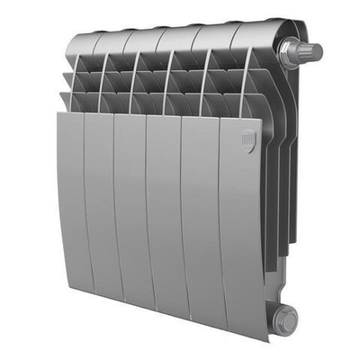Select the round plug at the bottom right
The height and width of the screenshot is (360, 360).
285,316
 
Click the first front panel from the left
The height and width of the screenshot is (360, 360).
72,198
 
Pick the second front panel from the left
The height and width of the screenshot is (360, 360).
102,207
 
